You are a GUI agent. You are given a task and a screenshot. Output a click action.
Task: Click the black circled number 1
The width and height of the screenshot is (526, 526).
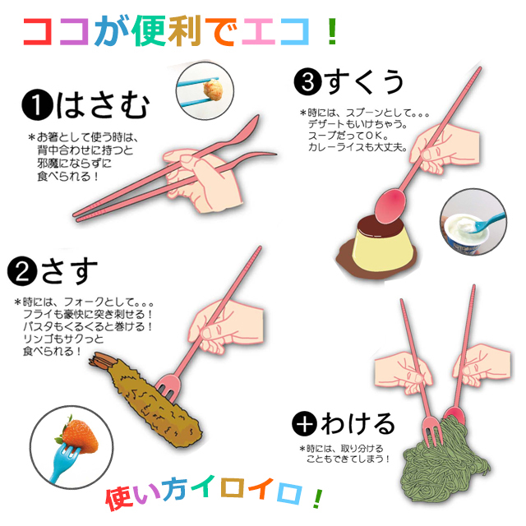[37, 104]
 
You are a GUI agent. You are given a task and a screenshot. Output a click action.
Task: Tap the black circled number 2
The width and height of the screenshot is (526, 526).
[22, 271]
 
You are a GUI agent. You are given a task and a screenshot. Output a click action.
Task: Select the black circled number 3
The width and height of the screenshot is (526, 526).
[308, 82]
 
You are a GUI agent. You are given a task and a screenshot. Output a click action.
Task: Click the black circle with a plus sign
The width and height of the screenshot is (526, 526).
[304, 423]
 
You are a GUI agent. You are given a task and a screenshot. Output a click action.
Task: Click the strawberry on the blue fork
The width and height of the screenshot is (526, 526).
[79, 436]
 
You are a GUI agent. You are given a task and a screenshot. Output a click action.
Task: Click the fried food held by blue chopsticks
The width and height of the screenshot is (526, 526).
[213, 90]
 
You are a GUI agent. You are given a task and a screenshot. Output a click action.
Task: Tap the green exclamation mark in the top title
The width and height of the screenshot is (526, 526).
[332, 31]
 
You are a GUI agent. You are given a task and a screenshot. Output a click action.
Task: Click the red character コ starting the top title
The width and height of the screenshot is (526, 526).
[37, 31]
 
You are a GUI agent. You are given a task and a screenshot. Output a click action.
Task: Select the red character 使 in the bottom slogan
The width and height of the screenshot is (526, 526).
[120, 499]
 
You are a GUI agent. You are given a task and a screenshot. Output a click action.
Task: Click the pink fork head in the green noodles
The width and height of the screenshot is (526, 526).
[431, 429]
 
